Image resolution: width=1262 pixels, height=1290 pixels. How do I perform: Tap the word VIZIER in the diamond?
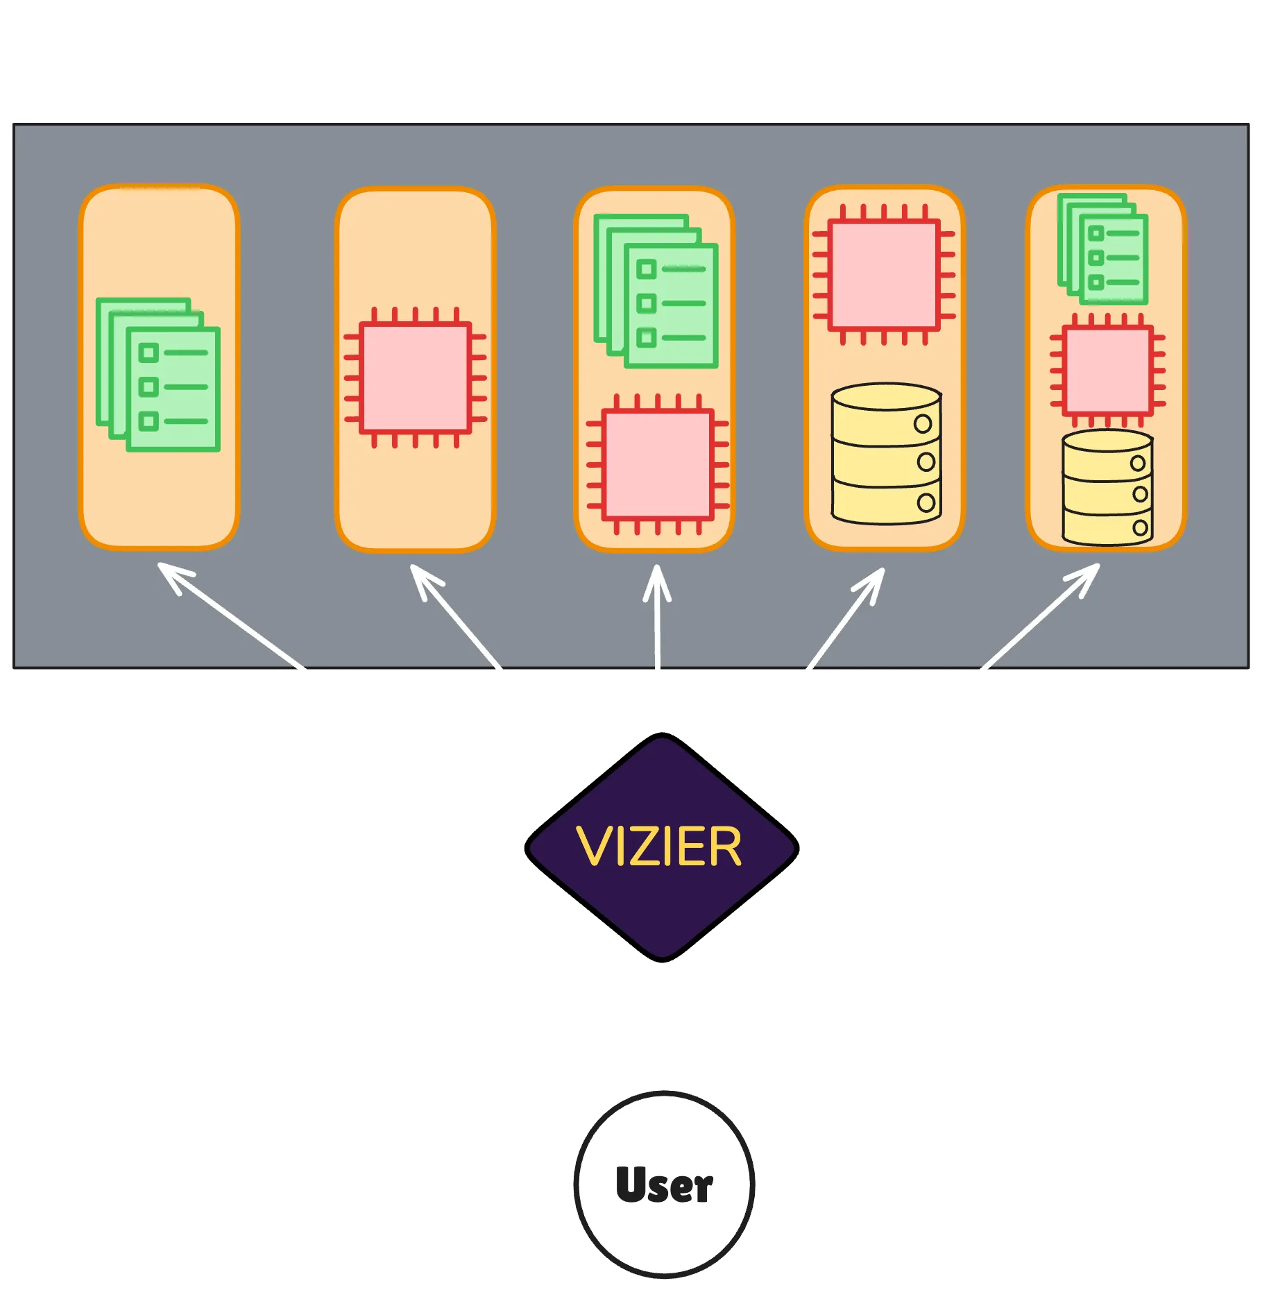(x=659, y=847)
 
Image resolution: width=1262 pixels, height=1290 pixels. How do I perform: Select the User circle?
(x=664, y=1183)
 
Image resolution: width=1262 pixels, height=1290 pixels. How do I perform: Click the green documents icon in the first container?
(x=158, y=375)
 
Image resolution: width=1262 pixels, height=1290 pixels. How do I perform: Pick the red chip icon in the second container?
(x=415, y=378)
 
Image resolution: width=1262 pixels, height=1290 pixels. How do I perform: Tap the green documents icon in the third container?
(x=656, y=291)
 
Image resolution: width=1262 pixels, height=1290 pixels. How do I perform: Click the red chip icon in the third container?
(x=657, y=464)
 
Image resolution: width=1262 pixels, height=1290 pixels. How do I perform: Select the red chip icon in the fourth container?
(x=884, y=275)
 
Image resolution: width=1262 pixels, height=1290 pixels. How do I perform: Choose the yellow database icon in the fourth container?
(x=886, y=454)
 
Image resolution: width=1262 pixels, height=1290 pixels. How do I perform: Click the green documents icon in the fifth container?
(x=1102, y=250)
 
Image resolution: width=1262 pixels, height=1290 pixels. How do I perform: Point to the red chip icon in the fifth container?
(x=1107, y=371)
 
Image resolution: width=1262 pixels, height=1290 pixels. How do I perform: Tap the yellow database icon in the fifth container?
(x=1107, y=487)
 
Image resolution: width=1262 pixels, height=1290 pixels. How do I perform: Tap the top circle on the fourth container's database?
(x=922, y=424)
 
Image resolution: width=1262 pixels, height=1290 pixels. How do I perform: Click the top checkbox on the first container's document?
(x=148, y=353)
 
